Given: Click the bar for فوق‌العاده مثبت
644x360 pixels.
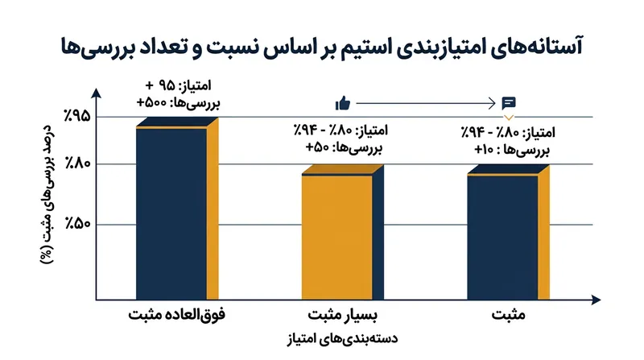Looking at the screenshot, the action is coord(177,209).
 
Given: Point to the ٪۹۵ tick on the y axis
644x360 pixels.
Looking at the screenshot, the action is coord(76,116).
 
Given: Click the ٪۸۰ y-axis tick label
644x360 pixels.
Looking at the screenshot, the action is coord(77,163).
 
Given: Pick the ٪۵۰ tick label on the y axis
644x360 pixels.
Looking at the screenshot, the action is coord(77,224).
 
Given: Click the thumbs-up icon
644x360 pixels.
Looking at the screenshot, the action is coord(343,103).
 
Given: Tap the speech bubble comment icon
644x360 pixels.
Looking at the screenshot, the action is coord(509,103).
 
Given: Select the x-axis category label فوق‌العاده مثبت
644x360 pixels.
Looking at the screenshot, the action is coord(176,315).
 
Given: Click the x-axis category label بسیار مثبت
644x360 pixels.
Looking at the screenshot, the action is coord(343,316).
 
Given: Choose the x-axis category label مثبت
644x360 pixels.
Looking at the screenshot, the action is coord(509,315).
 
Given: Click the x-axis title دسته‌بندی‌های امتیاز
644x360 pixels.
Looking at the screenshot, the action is coord(342,339).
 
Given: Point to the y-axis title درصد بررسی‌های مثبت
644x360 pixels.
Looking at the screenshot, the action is coord(47,194).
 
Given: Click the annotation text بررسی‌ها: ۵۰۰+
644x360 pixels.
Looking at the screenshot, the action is coord(178,103).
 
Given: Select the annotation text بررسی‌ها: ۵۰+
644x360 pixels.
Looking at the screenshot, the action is coord(345,147).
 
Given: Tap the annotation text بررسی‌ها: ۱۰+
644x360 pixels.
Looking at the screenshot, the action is coord(512,150).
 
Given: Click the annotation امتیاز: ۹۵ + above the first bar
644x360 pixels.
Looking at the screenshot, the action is coord(178,85).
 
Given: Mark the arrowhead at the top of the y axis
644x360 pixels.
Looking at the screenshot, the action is coord(96,93).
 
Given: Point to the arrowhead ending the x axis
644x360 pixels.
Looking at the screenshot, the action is coord(596,300).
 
